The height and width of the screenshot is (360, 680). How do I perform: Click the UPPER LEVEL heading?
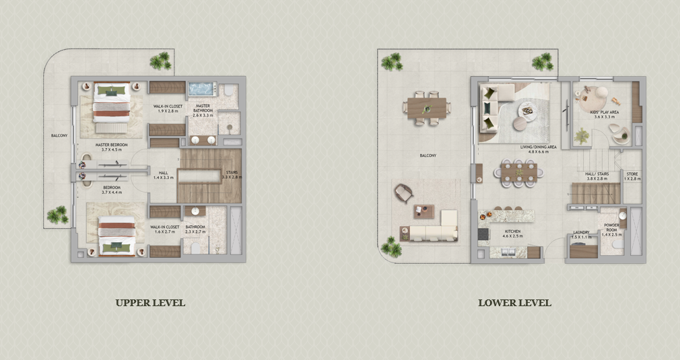[150, 303]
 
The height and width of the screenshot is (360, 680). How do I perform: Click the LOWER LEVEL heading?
[514, 303]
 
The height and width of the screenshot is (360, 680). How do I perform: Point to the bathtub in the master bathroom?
[201, 88]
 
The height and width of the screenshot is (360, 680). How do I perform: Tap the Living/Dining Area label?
[537, 149]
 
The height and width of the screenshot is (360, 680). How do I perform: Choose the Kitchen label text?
[513, 233]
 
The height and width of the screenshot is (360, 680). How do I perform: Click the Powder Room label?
[611, 228]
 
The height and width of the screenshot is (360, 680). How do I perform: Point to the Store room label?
[632, 177]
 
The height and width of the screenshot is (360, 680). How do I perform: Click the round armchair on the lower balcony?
[403, 192]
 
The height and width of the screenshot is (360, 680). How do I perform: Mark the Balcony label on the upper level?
[59, 136]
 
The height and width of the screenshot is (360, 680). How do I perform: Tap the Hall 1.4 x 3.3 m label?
[162, 175]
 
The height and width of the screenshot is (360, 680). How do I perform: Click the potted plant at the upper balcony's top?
[160, 62]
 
